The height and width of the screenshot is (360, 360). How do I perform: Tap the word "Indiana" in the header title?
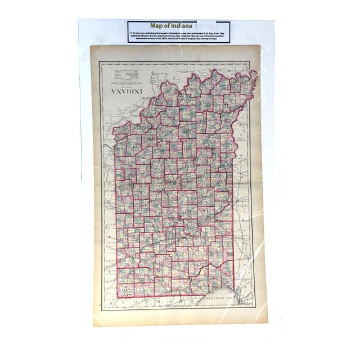(186, 25)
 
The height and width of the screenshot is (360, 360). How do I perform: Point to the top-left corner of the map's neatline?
(100, 62)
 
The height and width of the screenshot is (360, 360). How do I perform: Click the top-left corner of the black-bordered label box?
(127, 21)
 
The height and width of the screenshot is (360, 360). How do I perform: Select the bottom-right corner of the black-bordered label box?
(231, 43)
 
